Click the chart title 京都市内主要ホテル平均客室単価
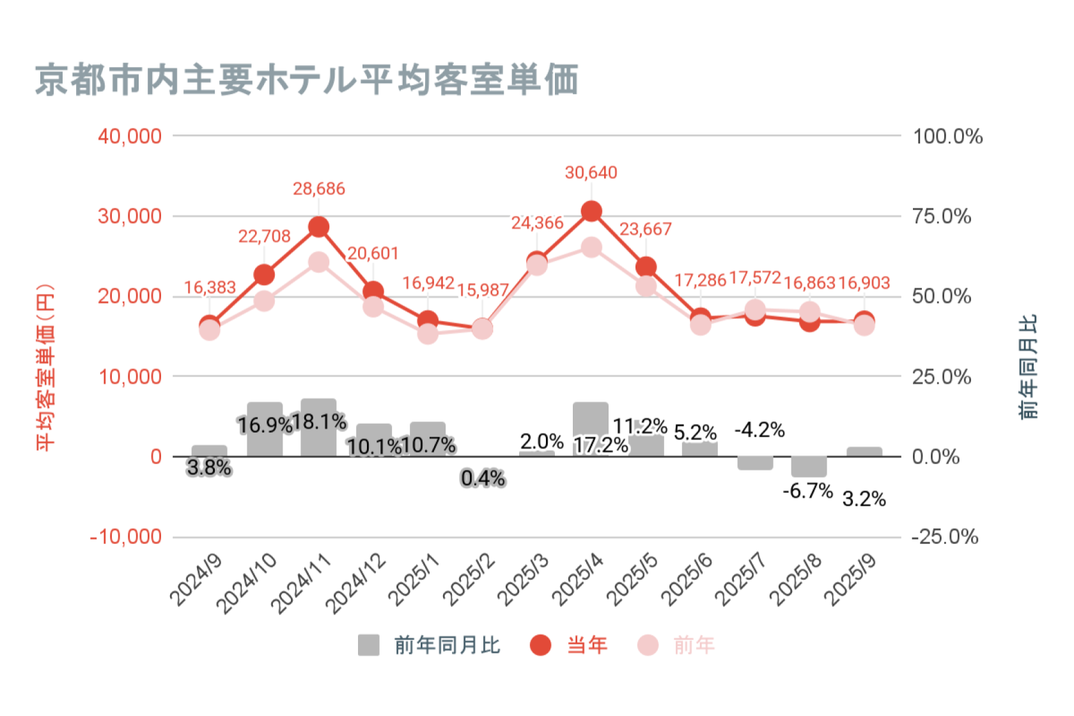(307, 80)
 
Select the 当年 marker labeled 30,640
(591, 212)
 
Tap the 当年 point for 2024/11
(318, 227)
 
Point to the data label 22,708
(264, 237)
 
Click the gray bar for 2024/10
(265, 429)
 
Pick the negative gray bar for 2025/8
(809, 467)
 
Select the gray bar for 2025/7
(755, 463)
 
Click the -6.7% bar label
(807, 491)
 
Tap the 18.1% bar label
(319, 422)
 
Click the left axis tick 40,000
(130, 136)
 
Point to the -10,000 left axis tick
(126, 536)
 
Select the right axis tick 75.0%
(942, 216)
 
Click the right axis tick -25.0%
(945, 536)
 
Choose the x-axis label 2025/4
(577, 579)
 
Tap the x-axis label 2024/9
(196, 579)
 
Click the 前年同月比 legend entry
(429, 645)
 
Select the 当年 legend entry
(569, 645)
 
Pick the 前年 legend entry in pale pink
(676, 645)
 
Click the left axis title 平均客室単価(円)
(45, 368)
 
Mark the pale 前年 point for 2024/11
(318, 262)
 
